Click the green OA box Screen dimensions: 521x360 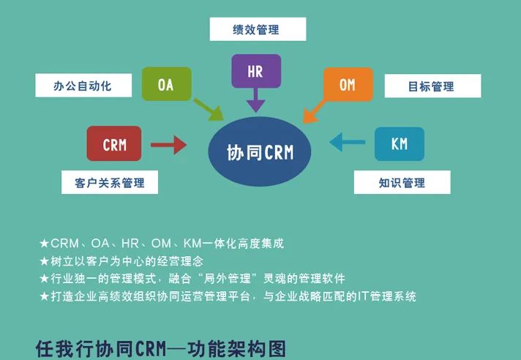(x=166, y=84)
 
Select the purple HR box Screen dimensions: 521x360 (x=256, y=71)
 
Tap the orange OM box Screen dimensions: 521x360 (x=348, y=84)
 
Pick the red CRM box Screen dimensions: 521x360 (x=114, y=143)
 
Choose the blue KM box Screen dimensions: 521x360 (x=400, y=144)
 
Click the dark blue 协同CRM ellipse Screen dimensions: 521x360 (x=260, y=151)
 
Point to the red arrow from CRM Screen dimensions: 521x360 (x=168, y=145)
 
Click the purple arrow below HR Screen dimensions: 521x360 (x=256, y=100)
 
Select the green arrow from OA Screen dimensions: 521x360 (x=209, y=110)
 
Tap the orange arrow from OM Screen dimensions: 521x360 (x=314, y=112)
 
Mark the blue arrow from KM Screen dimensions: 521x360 (x=348, y=142)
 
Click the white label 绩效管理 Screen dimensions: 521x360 (x=258, y=29)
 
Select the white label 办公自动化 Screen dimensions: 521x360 (x=83, y=86)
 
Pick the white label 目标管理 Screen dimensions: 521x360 (x=432, y=86)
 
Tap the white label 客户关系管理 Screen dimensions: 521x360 (x=110, y=182)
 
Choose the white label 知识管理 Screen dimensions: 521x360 (x=402, y=182)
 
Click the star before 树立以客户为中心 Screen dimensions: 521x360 (x=44, y=261)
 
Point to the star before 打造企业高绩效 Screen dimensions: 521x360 (x=44, y=296)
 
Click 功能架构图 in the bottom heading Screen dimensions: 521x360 (x=236, y=349)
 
